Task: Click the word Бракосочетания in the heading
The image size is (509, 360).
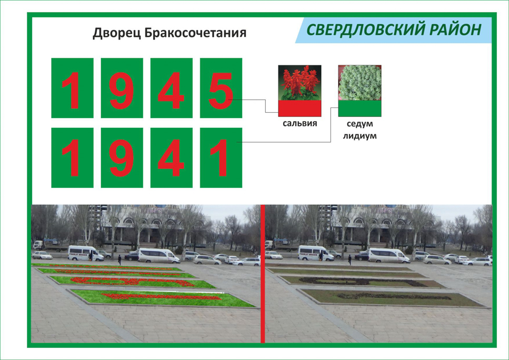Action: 195,33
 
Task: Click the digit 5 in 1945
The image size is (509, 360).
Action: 221,91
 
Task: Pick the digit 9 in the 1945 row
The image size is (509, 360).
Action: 122,91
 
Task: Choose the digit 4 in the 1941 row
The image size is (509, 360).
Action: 171,158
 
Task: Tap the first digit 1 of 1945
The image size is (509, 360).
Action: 72,91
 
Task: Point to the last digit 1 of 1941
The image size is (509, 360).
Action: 220,158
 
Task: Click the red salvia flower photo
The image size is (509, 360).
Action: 300,83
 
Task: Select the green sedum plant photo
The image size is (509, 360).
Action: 360,83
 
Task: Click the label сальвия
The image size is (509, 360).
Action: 300,124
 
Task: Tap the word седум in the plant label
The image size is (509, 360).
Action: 360,124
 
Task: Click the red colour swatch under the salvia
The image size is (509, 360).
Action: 300,108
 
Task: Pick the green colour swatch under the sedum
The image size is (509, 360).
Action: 360,108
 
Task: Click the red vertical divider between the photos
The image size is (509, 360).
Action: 263,274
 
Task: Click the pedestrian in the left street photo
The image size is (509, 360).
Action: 119,259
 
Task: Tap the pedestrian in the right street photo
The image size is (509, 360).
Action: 350,259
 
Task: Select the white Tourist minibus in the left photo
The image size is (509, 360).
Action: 85,253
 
